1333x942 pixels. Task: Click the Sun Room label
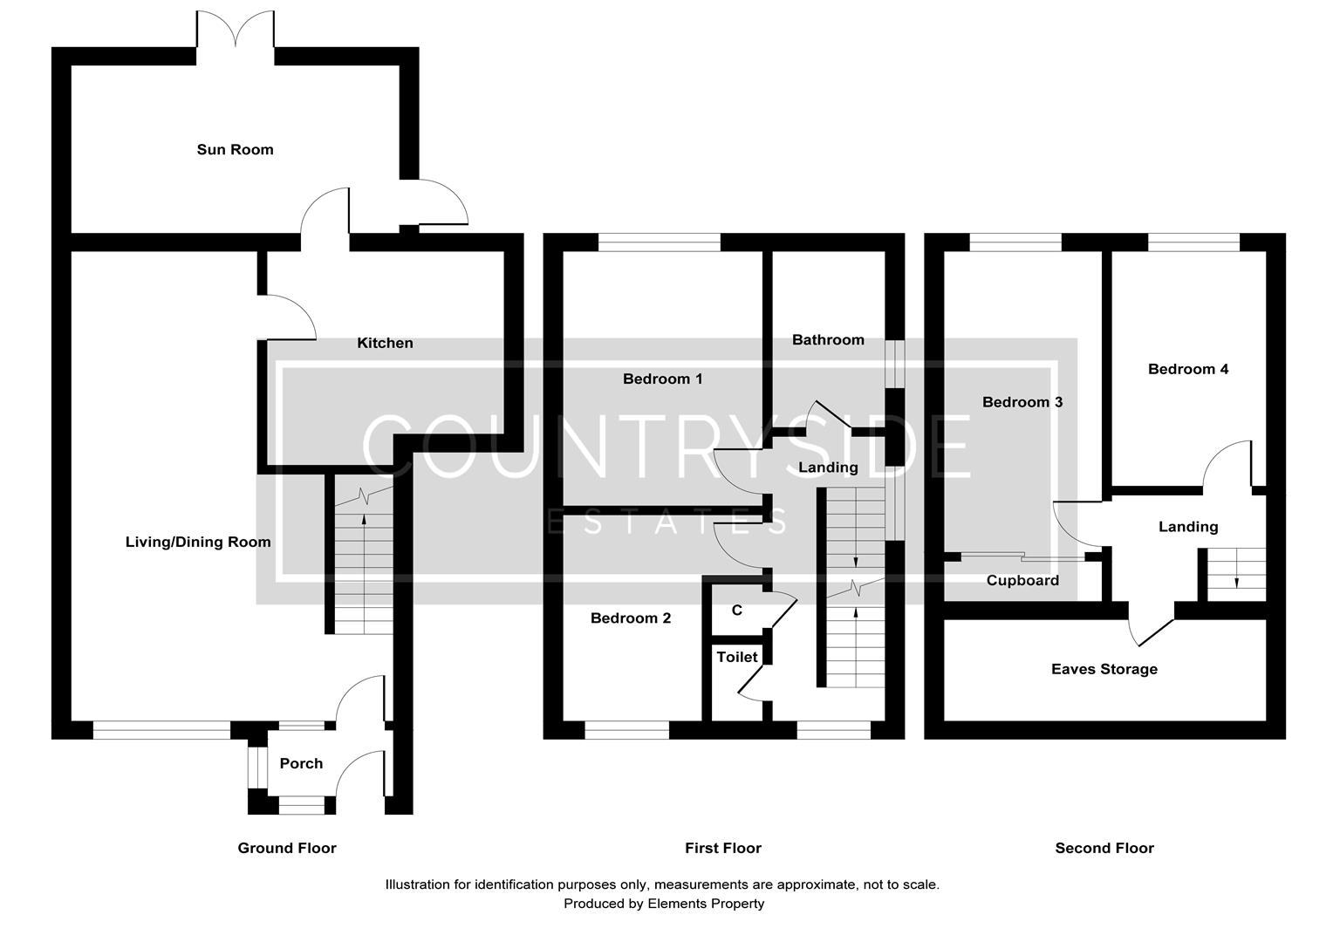(x=235, y=149)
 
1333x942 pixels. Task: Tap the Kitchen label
(x=385, y=343)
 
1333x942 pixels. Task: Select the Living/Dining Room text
(x=198, y=542)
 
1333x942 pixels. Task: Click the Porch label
(x=301, y=763)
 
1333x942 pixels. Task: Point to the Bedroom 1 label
(x=662, y=379)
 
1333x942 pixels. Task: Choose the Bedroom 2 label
(x=631, y=618)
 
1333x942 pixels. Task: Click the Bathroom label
(x=828, y=339)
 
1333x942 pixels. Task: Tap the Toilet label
(x=737, y=657)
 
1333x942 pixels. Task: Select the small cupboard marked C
(x=737, y=611)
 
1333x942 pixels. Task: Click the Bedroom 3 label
(x=1022, y=402)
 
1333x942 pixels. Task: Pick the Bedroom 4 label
(x=1188, y=369)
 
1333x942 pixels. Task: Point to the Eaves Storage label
(x=1104, y=669)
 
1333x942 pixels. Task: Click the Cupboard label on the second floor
(x=1022, y=580)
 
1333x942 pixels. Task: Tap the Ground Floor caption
(x=287, y=848)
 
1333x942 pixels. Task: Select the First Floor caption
(x=723, y=848)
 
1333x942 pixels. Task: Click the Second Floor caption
(x=1104, y=848)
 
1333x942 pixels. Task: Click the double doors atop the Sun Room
(x=235, y=31)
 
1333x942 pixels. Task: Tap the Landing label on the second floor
(x=1188, y=527)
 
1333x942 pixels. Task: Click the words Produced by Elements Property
(x=664, y=904)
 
